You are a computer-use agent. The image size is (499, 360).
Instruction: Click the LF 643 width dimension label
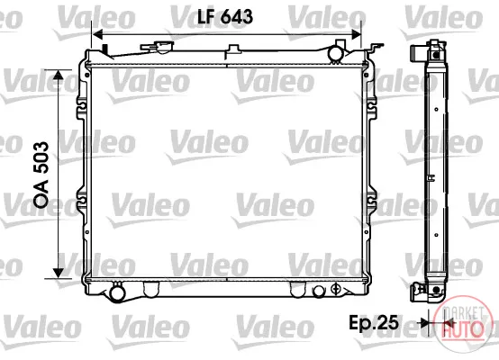pos(225,16)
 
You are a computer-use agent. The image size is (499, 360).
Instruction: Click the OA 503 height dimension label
pos(42,175)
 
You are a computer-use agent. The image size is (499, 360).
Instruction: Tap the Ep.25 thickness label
pos(374,323)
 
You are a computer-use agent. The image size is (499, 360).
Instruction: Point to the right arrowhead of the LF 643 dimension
pos(356,34)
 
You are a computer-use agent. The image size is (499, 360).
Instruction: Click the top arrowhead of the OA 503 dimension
pos(59,76)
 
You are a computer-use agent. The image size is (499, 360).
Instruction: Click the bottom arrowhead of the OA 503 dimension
pos(59,273)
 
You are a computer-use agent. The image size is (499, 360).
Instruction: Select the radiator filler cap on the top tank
pos(158,47)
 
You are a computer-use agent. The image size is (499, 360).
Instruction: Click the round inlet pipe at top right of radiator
pos(335,53)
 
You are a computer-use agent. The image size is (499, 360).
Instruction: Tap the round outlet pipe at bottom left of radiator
pos(117,292)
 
